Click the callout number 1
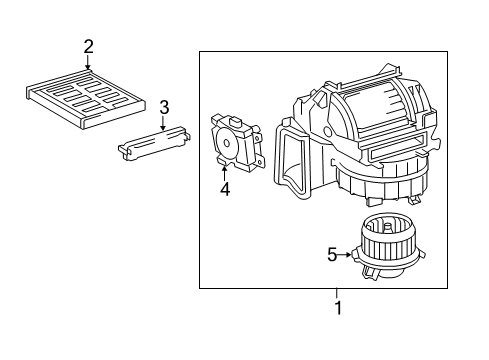click(x=338, y=308)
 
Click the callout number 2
click(x=88, y=46)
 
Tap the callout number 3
click(x=164, y=106)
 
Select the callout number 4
click(x=225, y=188)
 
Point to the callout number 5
click(x=333, y=255)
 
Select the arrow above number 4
click(x=225, y=169)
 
